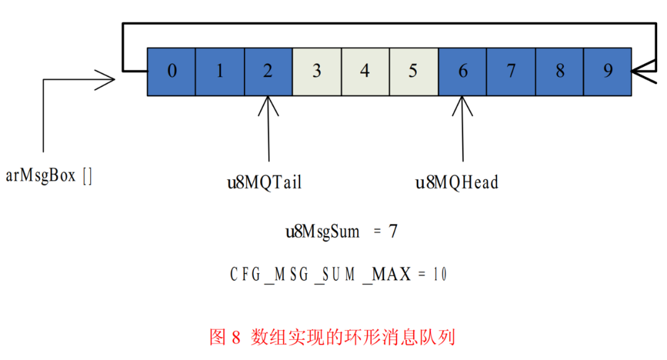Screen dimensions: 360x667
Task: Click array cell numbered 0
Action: click(x=172, y=72)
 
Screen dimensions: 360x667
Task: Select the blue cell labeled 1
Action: click(x=220, y=72)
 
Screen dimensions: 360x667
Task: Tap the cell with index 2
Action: click(x=268, y=72)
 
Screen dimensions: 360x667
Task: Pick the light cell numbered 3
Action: click(x=316, y=72)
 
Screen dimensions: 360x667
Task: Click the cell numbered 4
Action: click(x=365, y=72)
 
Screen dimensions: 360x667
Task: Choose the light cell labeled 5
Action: click(x=413, y=72)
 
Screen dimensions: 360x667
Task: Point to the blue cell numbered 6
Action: click(x=463, y=72)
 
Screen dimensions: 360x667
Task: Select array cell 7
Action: click(x=511, y=72)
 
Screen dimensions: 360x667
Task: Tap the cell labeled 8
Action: click(x=560, y=72)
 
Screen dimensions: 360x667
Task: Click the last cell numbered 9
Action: click(x=608, y=72)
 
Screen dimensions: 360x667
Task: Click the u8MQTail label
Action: click(x=264, y=183)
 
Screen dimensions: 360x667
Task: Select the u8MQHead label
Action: click(x=457, y=183)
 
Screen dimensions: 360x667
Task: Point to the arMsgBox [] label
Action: click(x=49, y=176)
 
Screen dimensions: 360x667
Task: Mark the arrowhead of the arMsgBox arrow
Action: click(x=109, y=79)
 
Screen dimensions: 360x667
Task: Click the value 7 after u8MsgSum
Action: click(x=393, y=232)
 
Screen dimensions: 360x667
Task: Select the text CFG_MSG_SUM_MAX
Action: click(x=321, y=275)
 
